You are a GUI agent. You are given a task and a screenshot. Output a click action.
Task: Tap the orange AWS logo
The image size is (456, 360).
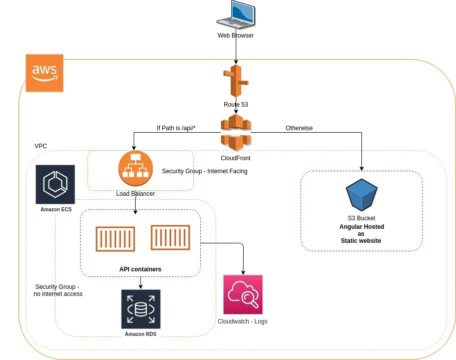pyautogui.click(x=45, y=73)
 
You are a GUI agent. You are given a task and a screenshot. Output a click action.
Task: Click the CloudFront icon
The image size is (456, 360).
pyautogui.click(x=235, y=132)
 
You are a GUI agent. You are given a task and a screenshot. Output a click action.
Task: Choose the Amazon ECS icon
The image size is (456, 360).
pyautogui.click(x=55, y=184)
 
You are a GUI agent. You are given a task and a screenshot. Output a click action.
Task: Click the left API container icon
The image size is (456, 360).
pyautogui.click(x=116, y=239)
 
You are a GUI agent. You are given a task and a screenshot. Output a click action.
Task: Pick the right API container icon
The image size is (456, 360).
pyautogui.click(x=171, y=238)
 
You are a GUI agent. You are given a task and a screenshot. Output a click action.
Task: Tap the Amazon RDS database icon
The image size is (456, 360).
pyautogui.click(x=141, y=309)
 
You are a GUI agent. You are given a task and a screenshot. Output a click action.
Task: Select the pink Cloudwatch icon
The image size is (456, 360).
pyautogui.click(x=243, y=294)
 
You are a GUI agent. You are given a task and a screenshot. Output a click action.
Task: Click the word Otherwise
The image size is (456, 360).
pyautogui.click(x=299, y=128)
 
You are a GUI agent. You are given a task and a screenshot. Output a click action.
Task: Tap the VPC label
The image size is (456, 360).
pyautogui.click(x=41, y=146)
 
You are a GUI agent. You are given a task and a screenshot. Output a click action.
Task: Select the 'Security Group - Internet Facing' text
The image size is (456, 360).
pyautogui.click(x=205, y=171)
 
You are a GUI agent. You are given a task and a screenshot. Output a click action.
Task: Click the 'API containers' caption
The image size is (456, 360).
pyautogui.click(x=140, y=269)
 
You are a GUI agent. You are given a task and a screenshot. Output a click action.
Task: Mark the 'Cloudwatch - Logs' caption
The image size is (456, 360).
pyautogui.click(x=242, y=321)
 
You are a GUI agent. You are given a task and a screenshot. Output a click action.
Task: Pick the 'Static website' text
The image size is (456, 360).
pyautogui.click(x=361, y=241)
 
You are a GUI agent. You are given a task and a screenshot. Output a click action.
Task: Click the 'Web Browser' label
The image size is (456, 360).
pyautogui.click(x=235, y=36)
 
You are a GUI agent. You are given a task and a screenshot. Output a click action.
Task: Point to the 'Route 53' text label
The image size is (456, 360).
pyautogui.click(x=236, y=105)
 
